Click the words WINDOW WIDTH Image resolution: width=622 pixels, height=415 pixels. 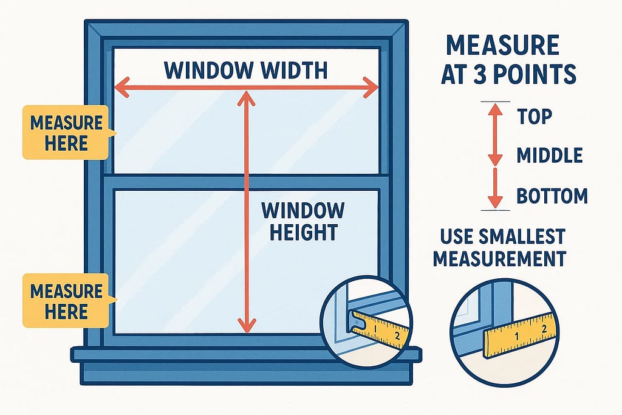[246, 70]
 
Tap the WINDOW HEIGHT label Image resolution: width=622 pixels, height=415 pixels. [302, 221]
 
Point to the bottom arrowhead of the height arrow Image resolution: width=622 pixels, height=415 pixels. [246, 326]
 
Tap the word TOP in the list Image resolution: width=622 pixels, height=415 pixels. [535, 115]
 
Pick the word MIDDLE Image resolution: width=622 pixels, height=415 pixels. [550, 155]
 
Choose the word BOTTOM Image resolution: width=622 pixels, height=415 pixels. [552, 196]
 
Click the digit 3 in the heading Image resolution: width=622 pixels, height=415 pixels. [493, 74]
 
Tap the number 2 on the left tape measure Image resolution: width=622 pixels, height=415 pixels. [397, 335]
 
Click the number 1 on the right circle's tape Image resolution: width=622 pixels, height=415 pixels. [516, 335]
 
